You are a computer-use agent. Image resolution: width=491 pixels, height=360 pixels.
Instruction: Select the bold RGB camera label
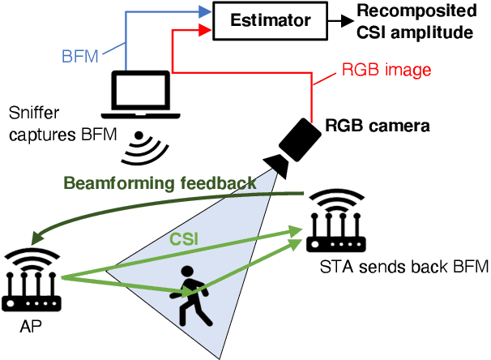click(x=377, y=126)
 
